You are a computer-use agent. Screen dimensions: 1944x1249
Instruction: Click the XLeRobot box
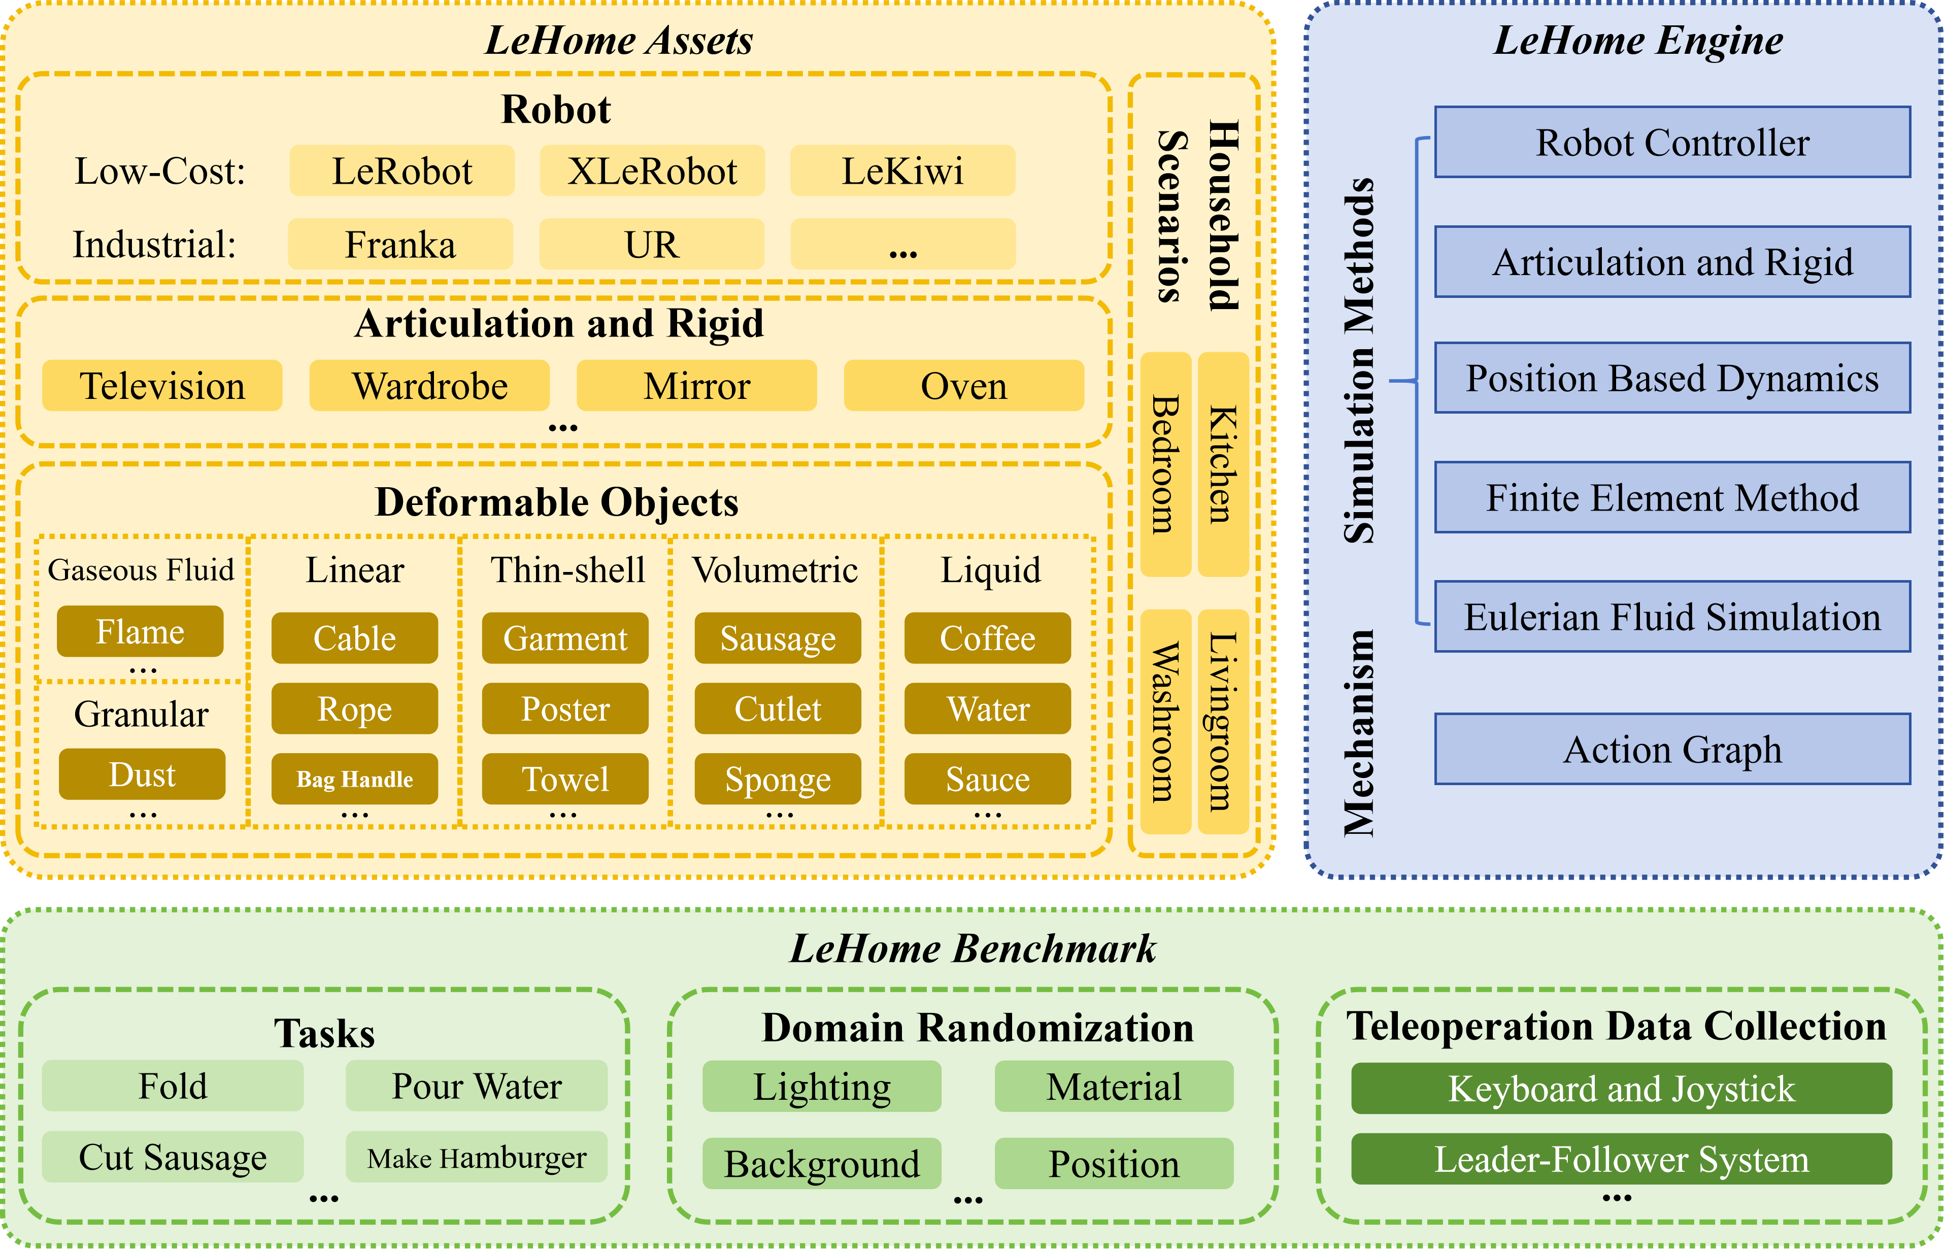coord(652,171)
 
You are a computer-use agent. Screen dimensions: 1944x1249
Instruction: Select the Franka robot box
coord(400,244)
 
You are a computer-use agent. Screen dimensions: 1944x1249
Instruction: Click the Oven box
coord(963,386)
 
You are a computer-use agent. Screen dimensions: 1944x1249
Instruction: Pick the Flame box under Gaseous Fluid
coord(140,631)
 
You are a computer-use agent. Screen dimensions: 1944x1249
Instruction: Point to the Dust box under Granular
coord(142,774)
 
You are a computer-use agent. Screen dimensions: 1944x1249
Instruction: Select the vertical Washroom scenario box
coord(1165,721)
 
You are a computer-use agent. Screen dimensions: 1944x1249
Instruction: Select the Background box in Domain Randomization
coord(822,1163)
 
